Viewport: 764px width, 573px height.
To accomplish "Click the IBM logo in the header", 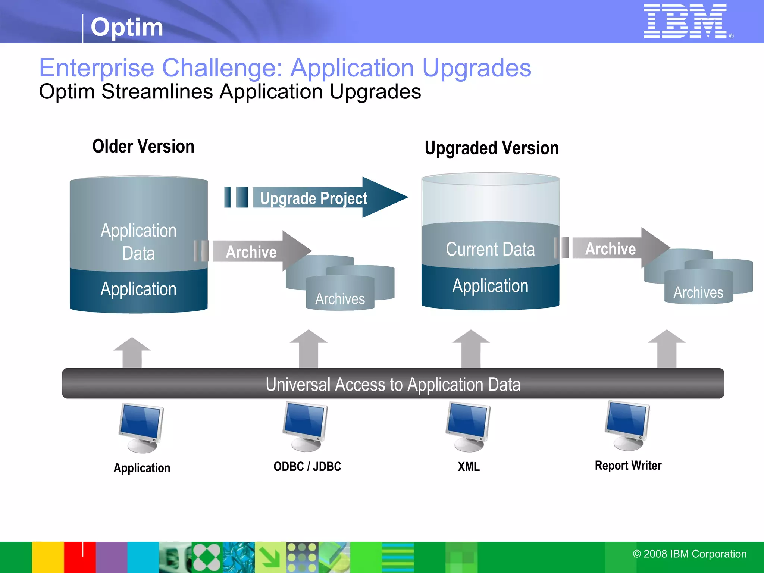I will click(685, 21).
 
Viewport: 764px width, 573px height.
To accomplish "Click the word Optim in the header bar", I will click(127, 27).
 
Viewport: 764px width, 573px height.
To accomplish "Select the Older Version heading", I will click(143, 146).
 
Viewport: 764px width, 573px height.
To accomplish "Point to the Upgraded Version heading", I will click(491, 148).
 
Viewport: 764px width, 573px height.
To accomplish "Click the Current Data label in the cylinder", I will click(490, 249).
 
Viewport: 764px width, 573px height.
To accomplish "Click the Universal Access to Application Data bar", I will click(393, 384).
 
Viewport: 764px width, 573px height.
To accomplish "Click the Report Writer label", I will click(628, 466).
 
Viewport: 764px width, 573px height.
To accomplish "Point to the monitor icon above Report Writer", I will click(627, 425).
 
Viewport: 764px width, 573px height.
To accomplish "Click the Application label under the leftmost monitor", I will click(142, 468).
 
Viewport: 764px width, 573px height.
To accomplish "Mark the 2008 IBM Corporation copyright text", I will click(689, 554).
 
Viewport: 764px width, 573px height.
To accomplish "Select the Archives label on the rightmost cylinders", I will click(698, 292).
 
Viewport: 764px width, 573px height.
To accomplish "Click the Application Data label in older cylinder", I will click(138, 242).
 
